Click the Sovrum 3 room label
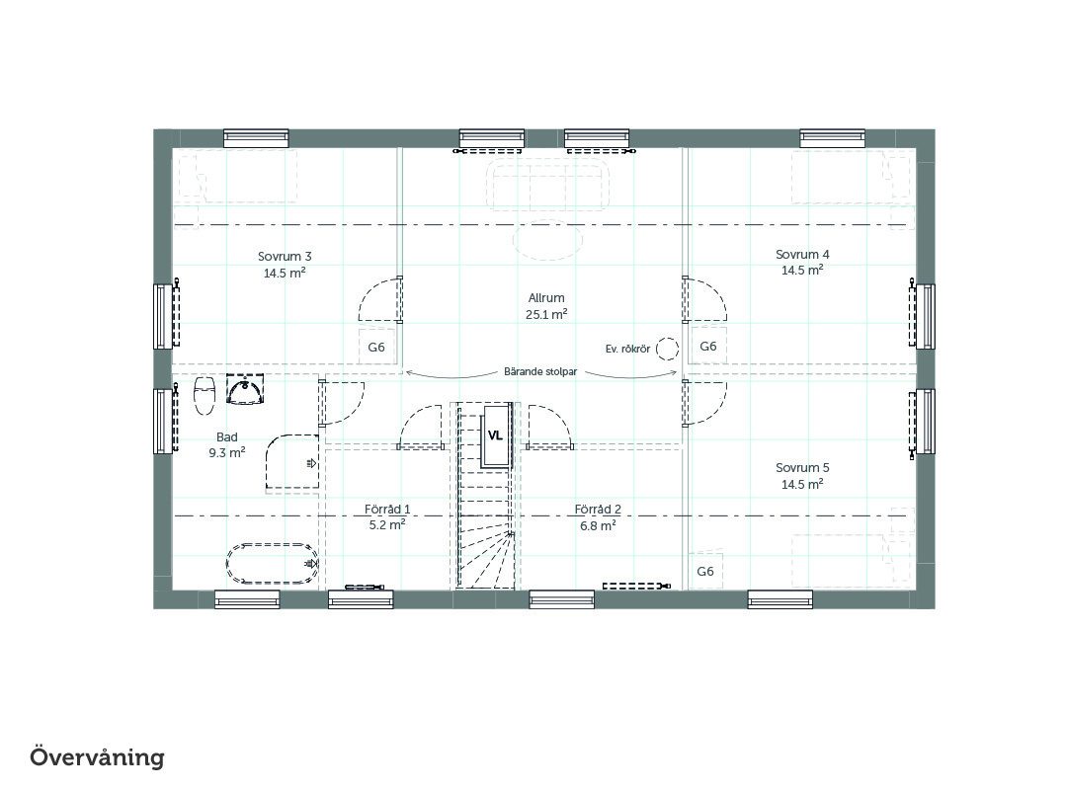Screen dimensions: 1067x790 pos(285,257)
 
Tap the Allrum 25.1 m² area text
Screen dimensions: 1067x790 pos(546,314)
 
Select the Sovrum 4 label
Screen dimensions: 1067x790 pos(802,255)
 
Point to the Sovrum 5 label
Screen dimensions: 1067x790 pos(802,468)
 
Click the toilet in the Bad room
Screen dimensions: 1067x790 pos(205,395)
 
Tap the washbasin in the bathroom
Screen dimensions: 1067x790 pos(244,390)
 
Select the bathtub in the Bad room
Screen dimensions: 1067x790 pos(273,564)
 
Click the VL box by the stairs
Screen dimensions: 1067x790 pos(495,435)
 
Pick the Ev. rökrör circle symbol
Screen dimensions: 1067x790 pos(668,349)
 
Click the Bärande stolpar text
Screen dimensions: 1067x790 pos(540,371)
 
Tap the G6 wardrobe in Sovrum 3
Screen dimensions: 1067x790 pos(376,347)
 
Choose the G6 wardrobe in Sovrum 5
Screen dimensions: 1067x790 pos(705,571)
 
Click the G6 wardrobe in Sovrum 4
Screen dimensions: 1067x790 pos(708,347)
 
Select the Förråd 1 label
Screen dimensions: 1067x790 pos(387,509)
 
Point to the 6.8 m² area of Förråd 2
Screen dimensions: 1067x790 pos(598,526)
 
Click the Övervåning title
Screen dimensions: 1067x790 pos(97,757)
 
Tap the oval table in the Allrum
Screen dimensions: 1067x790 pos(547,242)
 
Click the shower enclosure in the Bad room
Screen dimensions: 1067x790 pos(291,461)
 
